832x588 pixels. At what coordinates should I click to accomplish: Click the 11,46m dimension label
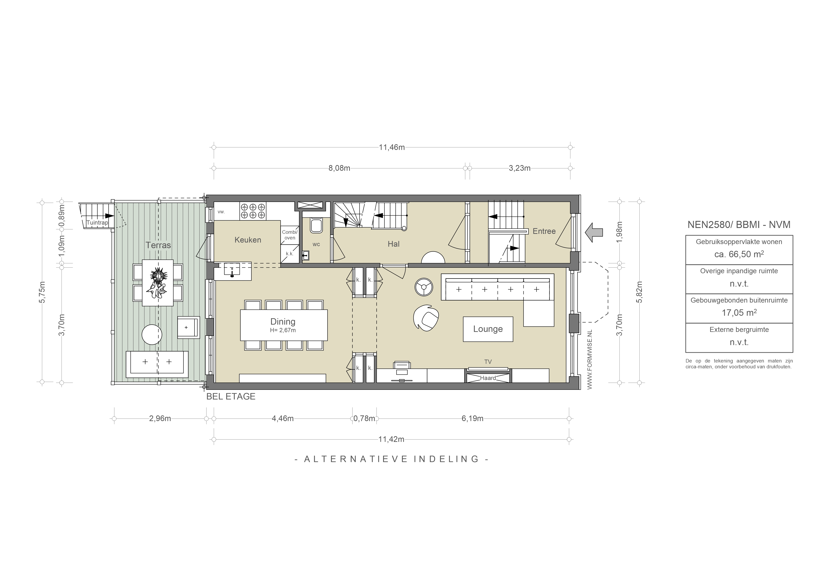392,147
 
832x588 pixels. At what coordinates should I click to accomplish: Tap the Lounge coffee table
488,329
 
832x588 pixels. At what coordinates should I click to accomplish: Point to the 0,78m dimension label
364,418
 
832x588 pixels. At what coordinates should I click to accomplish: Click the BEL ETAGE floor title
231,397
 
